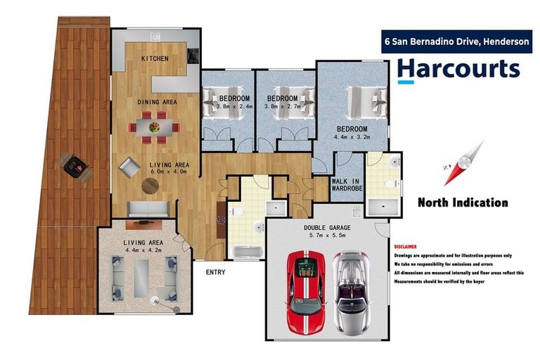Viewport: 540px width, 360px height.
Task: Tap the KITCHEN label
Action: tap(155, 58)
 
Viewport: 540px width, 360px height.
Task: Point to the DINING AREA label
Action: tap(157, 102)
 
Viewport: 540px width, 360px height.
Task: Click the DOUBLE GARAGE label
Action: tap(326, 228)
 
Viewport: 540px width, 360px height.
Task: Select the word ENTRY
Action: tap(215, 272)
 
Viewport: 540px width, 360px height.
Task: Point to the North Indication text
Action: tap(462, 202)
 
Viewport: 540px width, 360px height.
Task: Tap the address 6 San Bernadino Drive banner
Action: tap(456, 41)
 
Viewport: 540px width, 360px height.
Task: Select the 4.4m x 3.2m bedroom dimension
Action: tap(352, 138)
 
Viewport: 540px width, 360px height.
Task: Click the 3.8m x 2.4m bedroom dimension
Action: tap(228, 106)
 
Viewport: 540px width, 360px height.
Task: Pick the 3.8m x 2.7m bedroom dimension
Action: tap(283, 106)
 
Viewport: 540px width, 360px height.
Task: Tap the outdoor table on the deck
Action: tap(75, 166)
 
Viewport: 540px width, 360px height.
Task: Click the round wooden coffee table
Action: tap(150, 185)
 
